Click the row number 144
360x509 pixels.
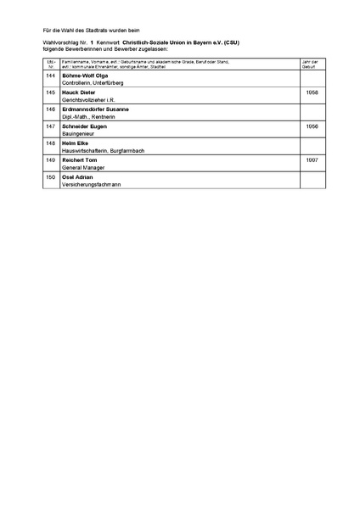pos(51,76)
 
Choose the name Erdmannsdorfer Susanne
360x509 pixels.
pos(97,109)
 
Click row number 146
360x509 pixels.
pos(51,109)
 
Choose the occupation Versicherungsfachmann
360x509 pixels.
pos(92,183)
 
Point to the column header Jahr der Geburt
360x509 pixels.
pos(312,64)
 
